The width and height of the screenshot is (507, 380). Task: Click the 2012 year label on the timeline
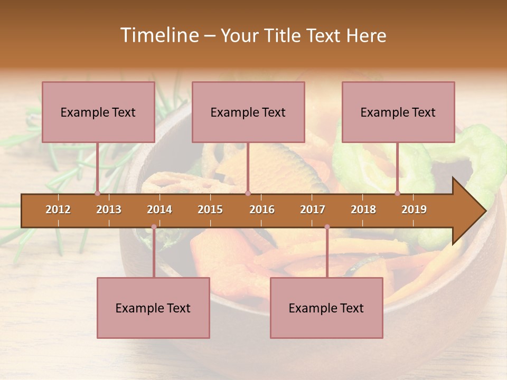click(x=58, y=210)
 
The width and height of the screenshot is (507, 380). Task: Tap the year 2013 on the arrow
click(x=109, y=210)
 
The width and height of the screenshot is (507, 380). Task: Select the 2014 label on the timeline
click(x=159, y=210)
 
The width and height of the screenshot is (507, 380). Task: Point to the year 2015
click(x=210, y=210)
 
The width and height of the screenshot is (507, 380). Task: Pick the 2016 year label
click(x=262, y=210)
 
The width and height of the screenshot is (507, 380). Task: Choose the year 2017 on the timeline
click(x=313, y=210)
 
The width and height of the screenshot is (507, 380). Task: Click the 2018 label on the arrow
click(x=363, y=210)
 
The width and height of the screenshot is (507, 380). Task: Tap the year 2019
click(x=414, y=210)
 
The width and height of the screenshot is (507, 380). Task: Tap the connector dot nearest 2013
click(x=97, y=193)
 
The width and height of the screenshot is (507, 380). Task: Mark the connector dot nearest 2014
click(x=154, y=227)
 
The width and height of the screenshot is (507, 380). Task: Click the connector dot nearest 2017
click(x=327, y=227)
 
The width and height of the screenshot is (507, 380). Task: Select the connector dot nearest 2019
click(x=397, y=193)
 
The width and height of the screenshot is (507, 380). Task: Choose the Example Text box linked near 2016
click(x=248, y=112)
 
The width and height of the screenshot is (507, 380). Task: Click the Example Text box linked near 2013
click(x=98, y=112)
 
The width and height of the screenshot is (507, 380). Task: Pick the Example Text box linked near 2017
click(x=326, y=308)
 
